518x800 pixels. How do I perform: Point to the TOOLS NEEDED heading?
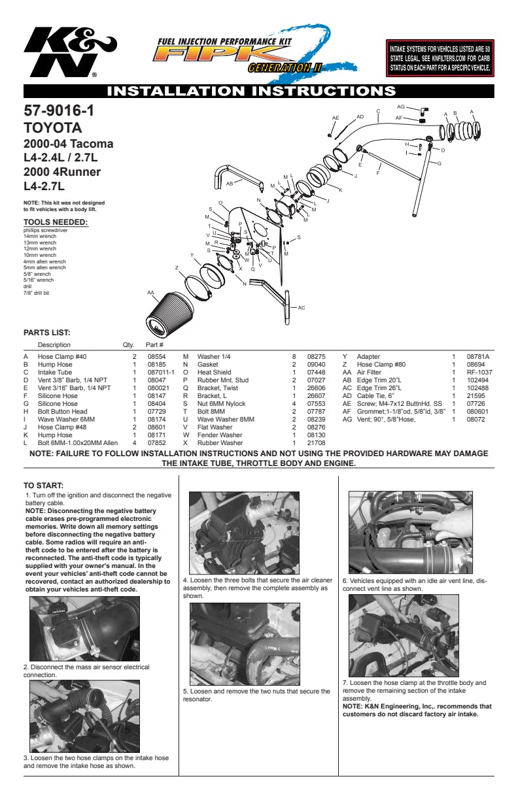[56, 222]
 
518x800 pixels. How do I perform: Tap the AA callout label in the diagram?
[150, 292]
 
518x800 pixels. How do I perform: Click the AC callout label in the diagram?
[302, 307]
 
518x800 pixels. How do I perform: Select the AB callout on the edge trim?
[230, 184]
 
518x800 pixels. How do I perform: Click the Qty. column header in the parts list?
[128, 344]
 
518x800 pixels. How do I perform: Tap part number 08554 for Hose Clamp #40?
[155, 357]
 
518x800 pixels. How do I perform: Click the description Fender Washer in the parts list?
[220, 435]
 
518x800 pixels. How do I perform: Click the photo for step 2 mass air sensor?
[84, 629]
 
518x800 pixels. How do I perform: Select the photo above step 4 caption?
[244, 533]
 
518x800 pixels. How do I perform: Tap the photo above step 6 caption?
[411, 533]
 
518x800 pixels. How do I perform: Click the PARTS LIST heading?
[46, 333]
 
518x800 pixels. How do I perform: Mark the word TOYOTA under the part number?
[53, 127]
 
